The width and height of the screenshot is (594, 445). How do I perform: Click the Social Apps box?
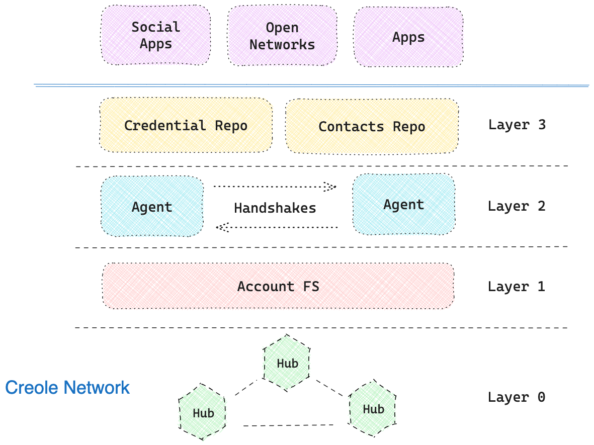coord(156,35)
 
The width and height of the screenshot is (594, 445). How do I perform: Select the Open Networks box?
coord(282,36)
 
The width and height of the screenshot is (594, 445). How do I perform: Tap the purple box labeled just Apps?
coord(408,37)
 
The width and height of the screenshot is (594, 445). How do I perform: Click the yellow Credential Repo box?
coord(186,125)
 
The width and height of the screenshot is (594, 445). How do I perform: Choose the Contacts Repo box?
coord(372,126)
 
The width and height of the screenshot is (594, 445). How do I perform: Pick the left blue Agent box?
coord(152,206)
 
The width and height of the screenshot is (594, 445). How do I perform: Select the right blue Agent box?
coord(404,204)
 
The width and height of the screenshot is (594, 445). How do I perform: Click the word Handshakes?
coord(275,208)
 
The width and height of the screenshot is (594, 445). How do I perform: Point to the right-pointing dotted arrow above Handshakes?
coord(275,187)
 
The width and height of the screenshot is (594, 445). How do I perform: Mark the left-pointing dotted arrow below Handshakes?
coord(276,228)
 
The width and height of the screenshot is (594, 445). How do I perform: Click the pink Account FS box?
coord(278,286)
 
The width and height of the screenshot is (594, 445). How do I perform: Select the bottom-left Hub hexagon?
coord(203,413)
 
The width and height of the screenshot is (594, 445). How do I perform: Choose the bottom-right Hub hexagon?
coord(373,408)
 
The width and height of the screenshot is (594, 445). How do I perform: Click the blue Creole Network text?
coord(67,388)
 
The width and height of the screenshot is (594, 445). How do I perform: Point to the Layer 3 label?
coord(517,125)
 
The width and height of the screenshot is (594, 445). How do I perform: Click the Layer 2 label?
coord(517,206)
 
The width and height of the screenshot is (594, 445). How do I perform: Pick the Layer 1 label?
coord(517,287)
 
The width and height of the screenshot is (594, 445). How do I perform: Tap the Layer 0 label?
coord(517,397)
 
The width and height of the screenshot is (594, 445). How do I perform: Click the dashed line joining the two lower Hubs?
coord(288,425)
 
